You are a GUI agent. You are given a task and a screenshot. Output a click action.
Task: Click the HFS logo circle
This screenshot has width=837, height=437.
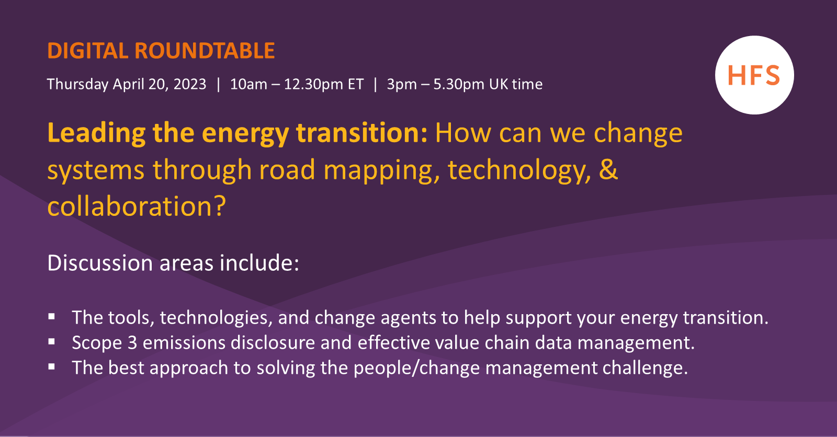point(754,75)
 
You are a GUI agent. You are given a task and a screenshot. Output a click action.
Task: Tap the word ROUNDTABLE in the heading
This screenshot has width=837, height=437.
point(205,51)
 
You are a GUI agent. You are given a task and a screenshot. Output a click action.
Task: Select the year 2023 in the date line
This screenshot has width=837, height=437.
point(190,84)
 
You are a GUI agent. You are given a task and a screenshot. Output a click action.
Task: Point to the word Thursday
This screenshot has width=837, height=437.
point(78,84)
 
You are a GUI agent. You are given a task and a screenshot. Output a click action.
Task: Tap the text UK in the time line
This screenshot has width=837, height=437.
point(499,84)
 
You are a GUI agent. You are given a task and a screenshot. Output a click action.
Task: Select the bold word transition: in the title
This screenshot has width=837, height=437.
point(361,133)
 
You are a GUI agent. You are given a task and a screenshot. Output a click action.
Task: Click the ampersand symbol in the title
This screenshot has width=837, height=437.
point(608,169)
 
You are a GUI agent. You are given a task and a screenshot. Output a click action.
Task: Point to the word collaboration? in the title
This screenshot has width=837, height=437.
point(137,206)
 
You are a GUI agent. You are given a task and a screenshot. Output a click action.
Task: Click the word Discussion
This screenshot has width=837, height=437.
point(100,263)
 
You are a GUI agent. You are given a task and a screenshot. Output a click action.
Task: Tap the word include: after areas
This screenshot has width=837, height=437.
point(259,263)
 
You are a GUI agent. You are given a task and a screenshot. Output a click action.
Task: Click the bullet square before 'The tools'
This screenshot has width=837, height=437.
point(52,317)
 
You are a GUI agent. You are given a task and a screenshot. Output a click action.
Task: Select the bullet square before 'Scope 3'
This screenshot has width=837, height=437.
point(52,342)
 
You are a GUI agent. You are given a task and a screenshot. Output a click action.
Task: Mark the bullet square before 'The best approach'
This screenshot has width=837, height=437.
point(52,367)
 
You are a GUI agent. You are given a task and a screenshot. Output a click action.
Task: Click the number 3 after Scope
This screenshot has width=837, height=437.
point(132,343)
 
